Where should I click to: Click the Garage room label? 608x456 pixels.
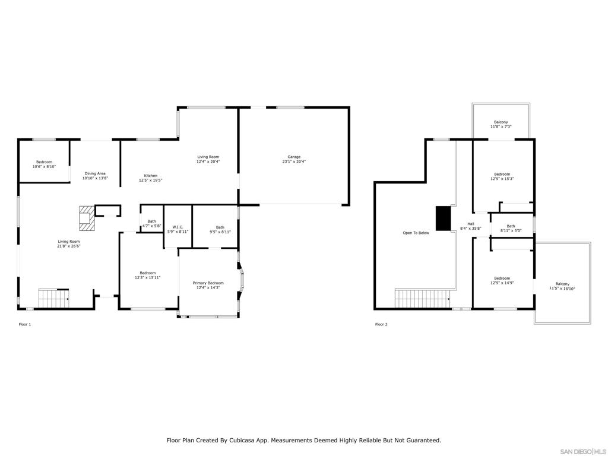[294, 159]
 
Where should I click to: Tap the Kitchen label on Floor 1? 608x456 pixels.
[150, 178]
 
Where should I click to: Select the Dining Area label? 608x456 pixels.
[95, 176]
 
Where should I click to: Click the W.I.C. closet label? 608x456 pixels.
[178, 229]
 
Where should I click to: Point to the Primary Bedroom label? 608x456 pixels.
[208, 285]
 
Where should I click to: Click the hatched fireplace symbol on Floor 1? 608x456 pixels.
[87, 218]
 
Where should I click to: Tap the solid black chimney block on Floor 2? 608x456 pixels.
[443, 218]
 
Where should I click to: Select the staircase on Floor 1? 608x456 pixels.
[53, 298]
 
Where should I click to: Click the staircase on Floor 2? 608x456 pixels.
[423, 298]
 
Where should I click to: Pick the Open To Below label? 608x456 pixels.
[416, 233]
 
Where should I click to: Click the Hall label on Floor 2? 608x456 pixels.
[471, 226]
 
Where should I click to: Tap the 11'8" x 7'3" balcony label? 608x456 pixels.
[501, 125]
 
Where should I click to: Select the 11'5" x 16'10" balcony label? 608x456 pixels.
[562, 286]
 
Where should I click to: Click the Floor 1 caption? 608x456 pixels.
[25, 324]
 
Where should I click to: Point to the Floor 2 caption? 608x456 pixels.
[381, 324]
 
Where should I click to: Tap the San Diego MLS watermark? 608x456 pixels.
[584, 451]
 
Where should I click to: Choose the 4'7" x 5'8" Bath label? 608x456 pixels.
[151, 223]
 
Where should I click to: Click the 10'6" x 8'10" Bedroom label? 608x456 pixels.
[44, 164]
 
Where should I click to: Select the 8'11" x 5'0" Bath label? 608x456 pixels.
[511, 228]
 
